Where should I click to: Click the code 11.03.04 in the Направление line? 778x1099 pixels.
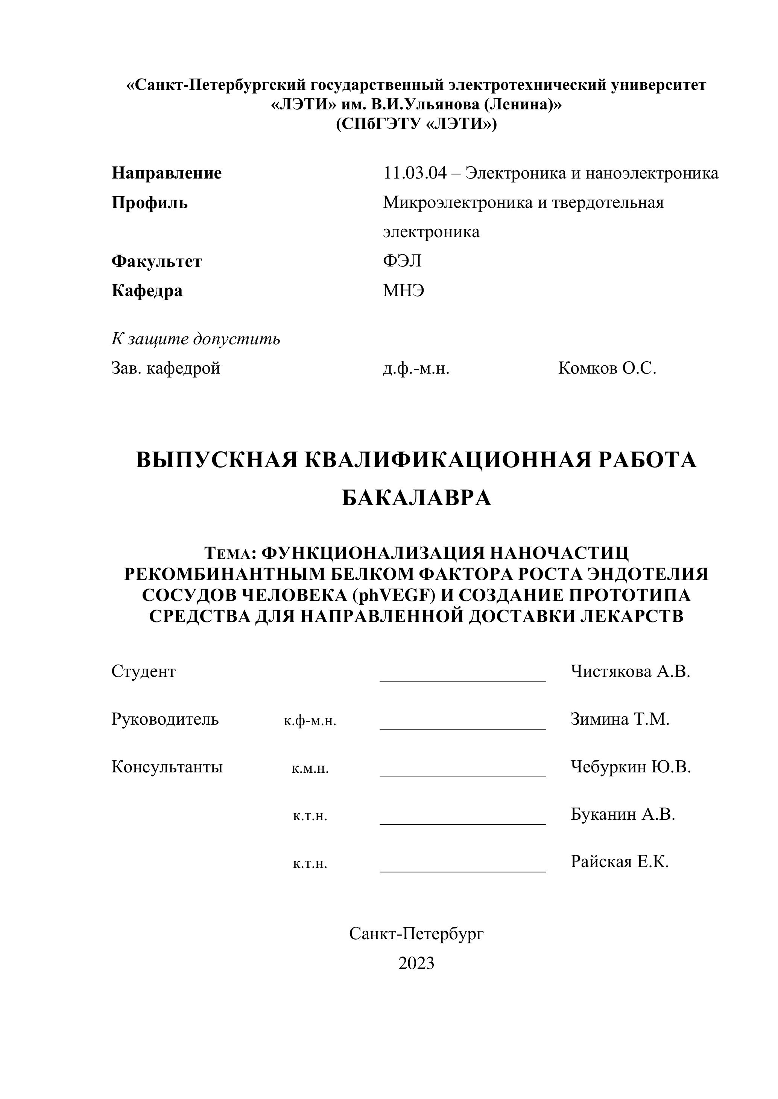click(x=414, y=173)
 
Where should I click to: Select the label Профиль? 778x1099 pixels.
click(x=149, y=203)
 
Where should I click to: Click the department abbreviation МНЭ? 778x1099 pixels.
click(x=403, y=291)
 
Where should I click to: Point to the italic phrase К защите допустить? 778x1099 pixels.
click(x=196, y=339)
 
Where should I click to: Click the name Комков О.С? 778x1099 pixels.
click(x=607, y=368)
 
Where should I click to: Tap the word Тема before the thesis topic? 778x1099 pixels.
click(x=227, y=554)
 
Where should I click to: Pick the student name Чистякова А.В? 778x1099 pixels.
click(x=630, y=672)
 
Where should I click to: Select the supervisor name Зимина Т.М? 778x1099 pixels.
click(x=620, y=719)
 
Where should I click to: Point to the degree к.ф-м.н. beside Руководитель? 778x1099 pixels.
click(x=310, y=721)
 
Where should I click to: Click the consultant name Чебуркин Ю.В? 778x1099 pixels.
click(x=631, y=767)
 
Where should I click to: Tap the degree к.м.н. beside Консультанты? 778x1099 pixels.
click(x=310, y=769)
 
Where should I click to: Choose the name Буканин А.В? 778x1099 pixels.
click(x=622, y=814)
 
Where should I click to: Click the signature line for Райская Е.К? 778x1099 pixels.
click(x=463, y=871)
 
